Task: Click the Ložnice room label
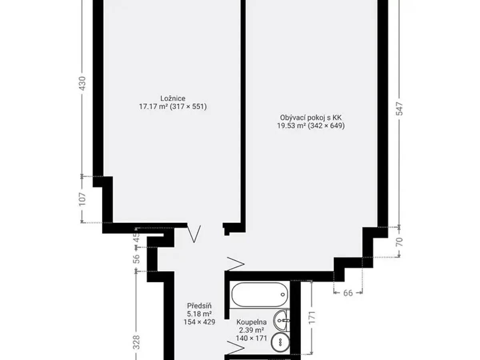[x=173, y=98]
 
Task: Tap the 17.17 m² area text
[x=153, y=107]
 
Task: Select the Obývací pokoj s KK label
[x=310, y=118]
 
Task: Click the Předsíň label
[x=199, y=306]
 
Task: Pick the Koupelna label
[x=252, y=322]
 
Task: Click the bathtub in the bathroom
[x=260, y=294]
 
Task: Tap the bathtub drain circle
[x=283, y=294]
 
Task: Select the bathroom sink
[x=282, y=321]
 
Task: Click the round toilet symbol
[x=280, y=343]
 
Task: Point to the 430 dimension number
[x=82, y=83]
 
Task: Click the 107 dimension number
[x=82, y=199]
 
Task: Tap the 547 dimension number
[x=399, y=109]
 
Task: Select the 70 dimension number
[x=399, y=242]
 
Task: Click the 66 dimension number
[x=348, y=293]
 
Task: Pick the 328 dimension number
[x=136, y=342]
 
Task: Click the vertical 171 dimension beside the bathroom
[x=312, y=317]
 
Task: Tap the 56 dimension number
[x=136, y=259]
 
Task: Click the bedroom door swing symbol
[x=194, y=234]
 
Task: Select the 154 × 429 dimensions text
[x=199, y=322]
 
